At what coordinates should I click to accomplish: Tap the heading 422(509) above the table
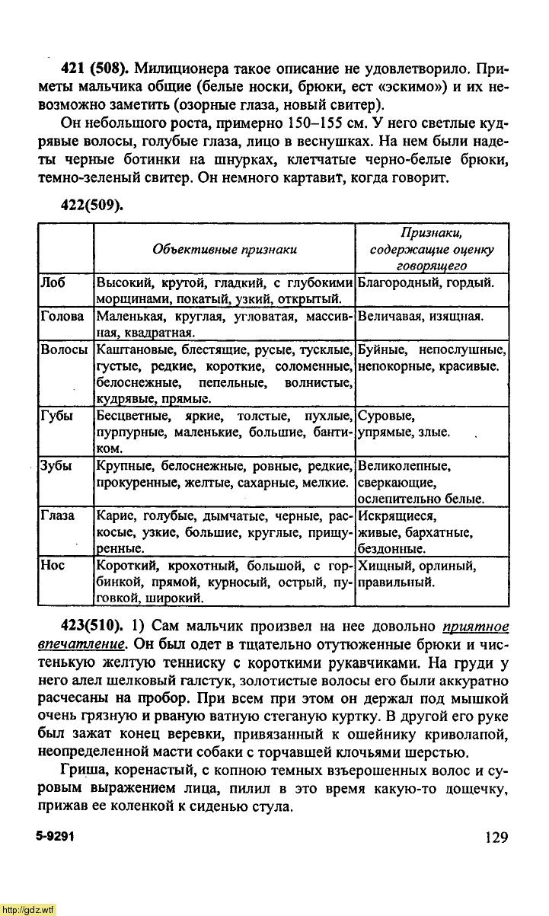tap(91, 205)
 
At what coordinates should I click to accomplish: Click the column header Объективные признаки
tap(225, 249)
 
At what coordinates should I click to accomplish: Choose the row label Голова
tap(62, 317)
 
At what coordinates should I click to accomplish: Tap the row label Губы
tap(56, 417)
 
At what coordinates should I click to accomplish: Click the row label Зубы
tap(56, 466)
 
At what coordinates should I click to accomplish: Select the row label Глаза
tap(57, 516)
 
